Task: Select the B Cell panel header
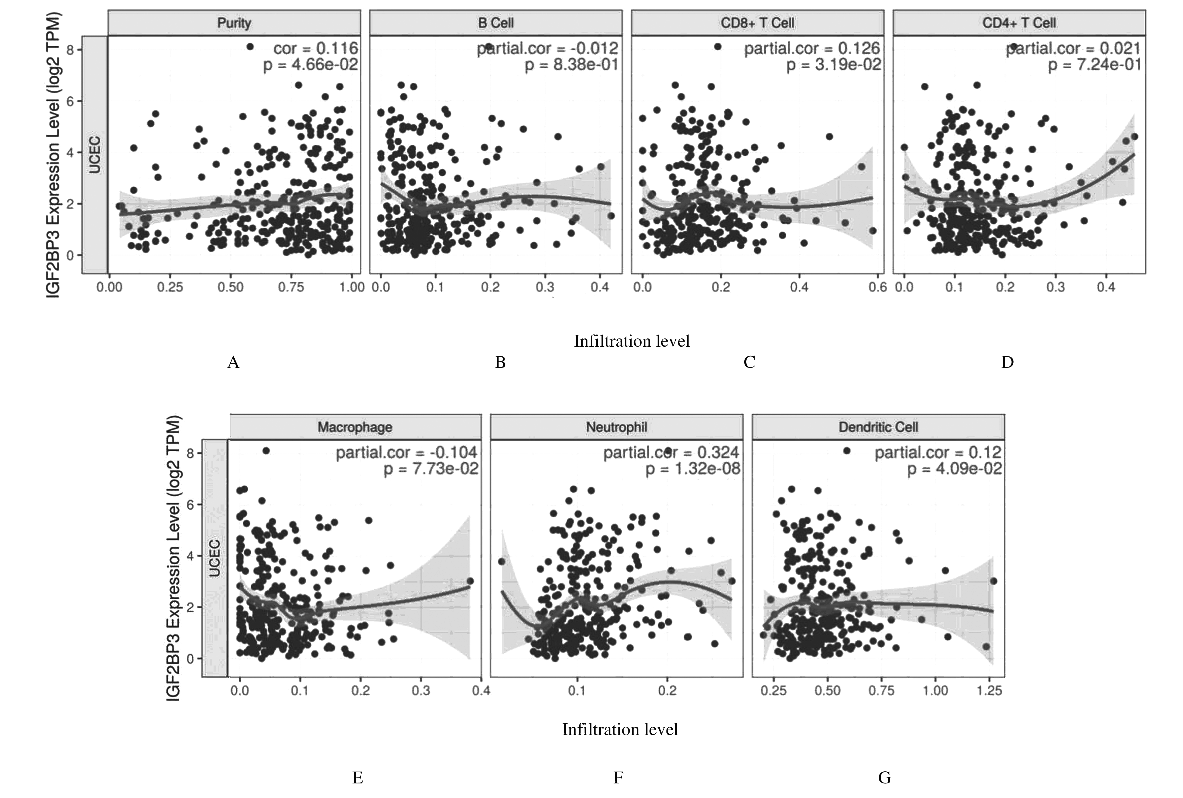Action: click(496, 23)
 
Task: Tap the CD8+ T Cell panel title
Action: click(757, 23)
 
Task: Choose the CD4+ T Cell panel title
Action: click(1019, 23)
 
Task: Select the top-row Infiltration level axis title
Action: click(632, 341)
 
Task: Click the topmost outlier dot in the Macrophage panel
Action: click(266, 450)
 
